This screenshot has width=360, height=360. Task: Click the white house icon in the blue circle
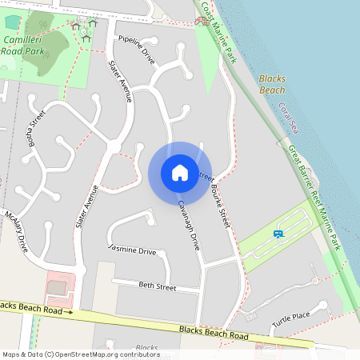179,172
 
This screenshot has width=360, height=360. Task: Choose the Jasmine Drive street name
132,250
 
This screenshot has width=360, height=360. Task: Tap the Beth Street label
157,286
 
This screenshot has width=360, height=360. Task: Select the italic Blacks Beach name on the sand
271,85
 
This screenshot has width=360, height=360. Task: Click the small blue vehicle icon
278,234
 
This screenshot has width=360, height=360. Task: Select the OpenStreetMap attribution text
81,354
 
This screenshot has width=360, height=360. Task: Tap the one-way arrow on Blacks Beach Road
69,311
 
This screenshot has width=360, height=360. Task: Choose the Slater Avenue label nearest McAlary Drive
86,207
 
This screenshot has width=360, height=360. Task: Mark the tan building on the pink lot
55,286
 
